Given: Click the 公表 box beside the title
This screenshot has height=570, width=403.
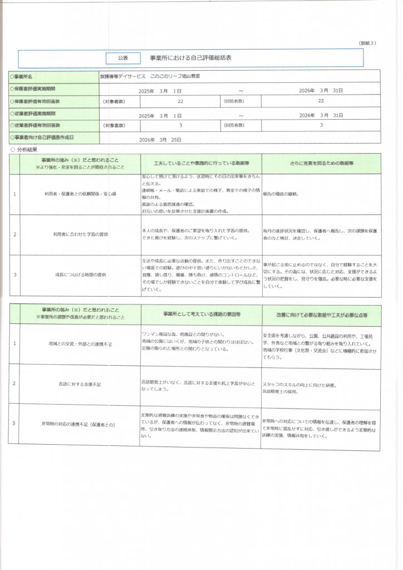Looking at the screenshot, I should pyautogui.click(x=123, y=58).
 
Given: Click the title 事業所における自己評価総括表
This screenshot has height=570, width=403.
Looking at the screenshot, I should pyautogui.click(x=190, y=58).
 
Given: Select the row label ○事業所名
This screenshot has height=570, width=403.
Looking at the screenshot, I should pyautogui.click(x=24, y=76).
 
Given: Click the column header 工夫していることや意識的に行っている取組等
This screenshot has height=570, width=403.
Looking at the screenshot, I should pyautogui.click(x=201, y=164).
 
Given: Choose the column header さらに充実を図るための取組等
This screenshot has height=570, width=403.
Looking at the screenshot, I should pyautogui.click(x=321, y=164).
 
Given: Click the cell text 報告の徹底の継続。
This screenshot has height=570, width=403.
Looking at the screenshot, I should pyautogui.click(x=281, y=194).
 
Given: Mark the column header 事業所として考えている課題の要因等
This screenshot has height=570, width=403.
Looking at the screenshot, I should pyautogui.click(x=202, y=315).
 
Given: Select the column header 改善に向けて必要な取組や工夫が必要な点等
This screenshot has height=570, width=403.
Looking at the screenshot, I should pyautogui.click(x=322, y=315).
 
